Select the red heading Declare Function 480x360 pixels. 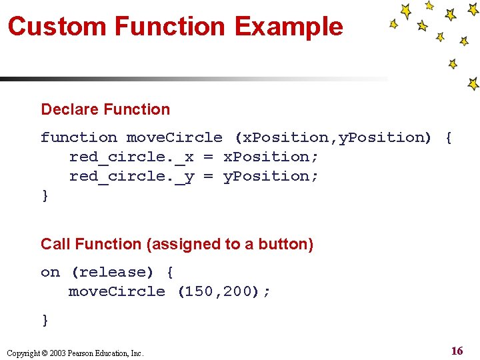coord(105,109)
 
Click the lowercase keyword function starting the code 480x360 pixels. coord(79,137)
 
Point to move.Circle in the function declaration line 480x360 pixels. coord(175,137)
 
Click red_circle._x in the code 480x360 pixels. coord(131,157)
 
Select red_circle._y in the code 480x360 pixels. coord(131,176)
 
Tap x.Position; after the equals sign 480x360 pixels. coord(271,157)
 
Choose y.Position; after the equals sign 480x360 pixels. coord(271,176)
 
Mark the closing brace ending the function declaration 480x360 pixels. coord(45,195)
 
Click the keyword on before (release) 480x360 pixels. coord(50,272)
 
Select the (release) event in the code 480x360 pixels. coord(112,272)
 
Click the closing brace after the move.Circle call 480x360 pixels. coord(45,320)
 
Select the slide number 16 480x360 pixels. coord(457,351)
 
